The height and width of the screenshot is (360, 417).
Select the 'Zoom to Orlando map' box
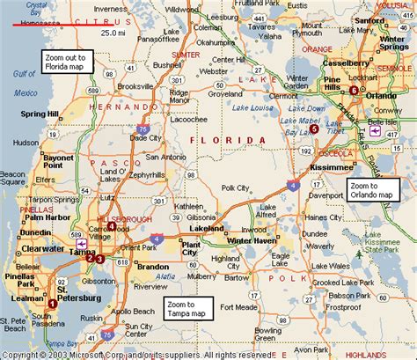click(x=372, y=188)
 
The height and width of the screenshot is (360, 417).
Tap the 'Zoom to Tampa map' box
click(x=189, y=308)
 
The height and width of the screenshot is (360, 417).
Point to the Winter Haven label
click(x=252, y=240)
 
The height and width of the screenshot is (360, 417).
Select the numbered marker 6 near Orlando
click(x=355, y=91)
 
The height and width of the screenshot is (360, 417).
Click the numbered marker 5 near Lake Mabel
click(x=314, y=129)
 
